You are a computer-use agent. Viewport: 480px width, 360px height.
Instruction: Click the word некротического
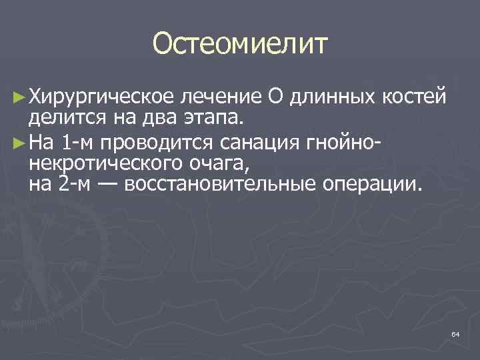point(100,163)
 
